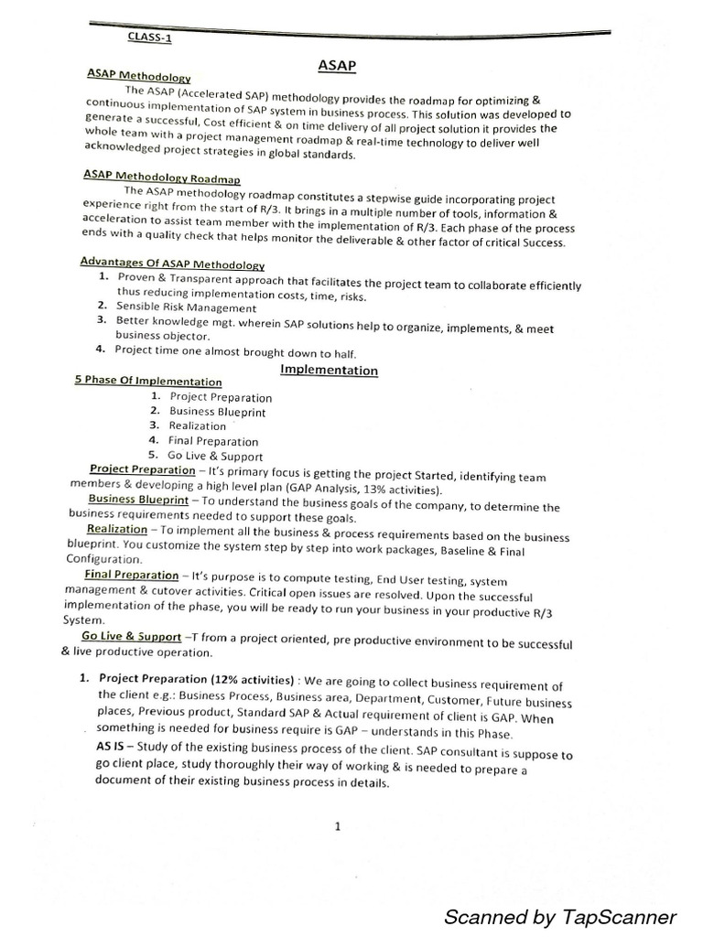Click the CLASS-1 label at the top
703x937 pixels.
point(148,38)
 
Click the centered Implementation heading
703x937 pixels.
point(329,370)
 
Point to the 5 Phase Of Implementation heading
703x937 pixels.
point(148,381)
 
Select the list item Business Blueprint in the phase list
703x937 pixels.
point(217,412)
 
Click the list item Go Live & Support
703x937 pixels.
point(215,456)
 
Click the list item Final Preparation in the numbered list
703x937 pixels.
point(213,441)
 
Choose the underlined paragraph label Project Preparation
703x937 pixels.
point(142,469)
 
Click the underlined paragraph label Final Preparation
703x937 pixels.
point(131,575)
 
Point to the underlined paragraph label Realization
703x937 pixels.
point(116,529)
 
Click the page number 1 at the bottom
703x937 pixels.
point(338,826)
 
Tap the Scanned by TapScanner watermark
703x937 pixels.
point(560,891)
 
